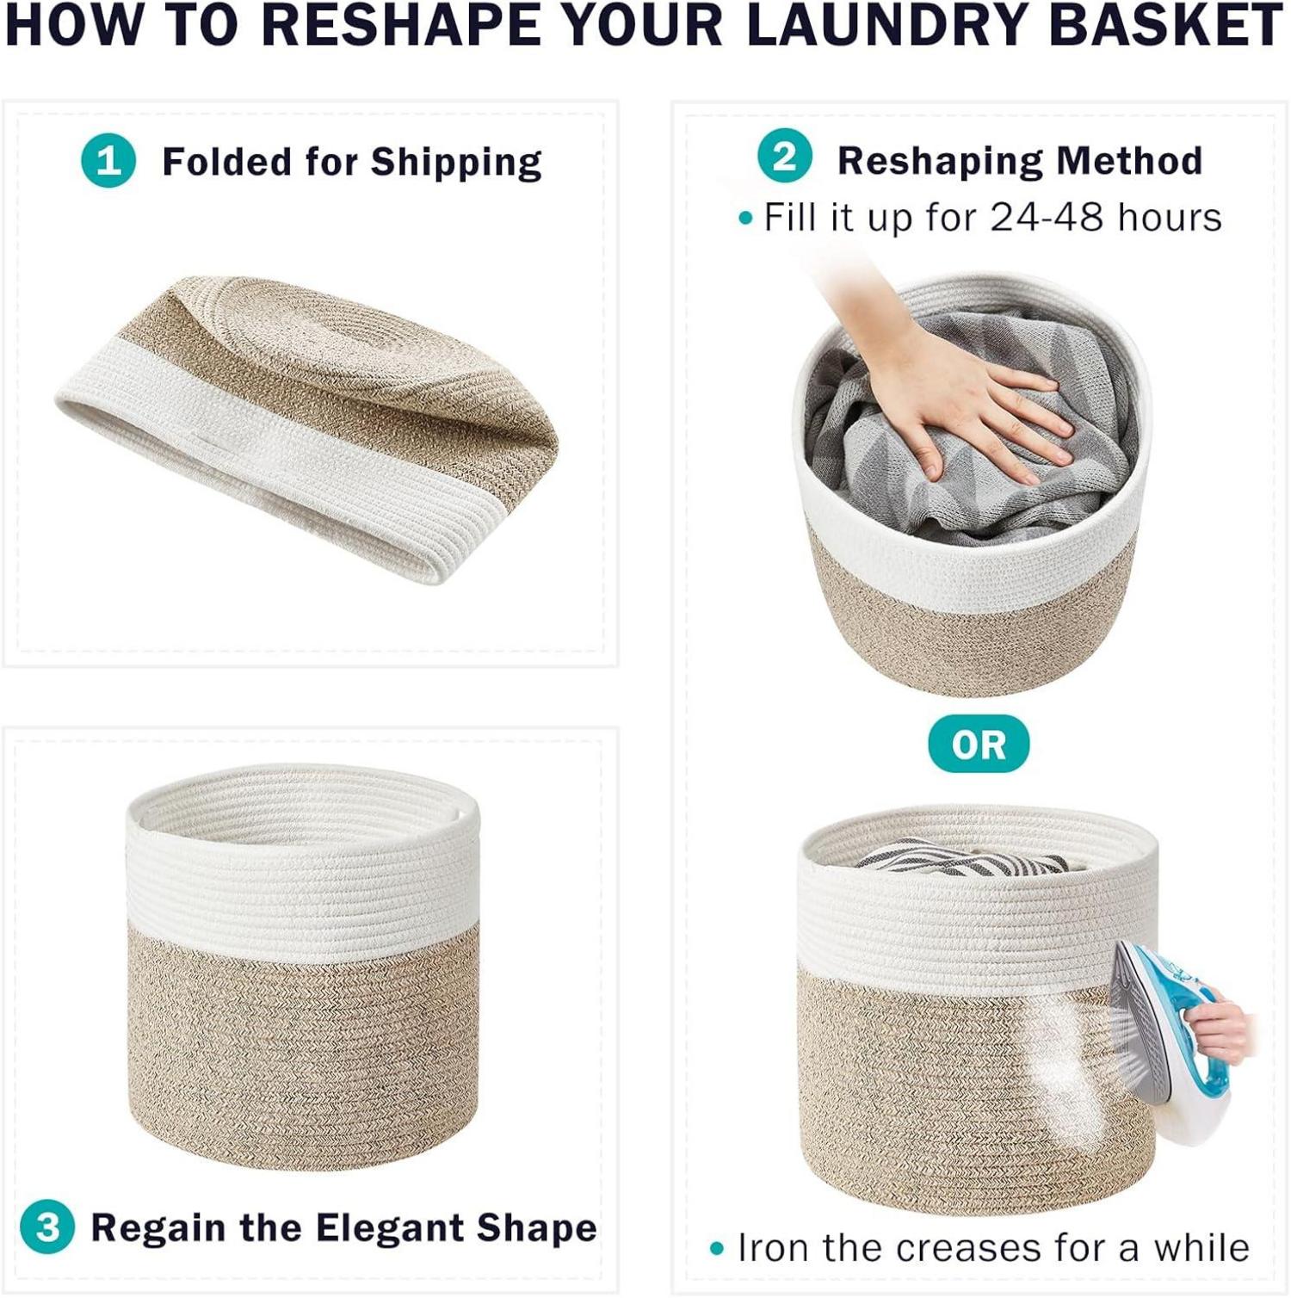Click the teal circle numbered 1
tap(108, 160)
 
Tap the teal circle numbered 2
tap(784, 157)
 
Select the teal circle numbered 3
tap(47, 1227)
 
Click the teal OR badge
tap(979, 744)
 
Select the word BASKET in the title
tap(1166, 25)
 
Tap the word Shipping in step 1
tap(456, 163)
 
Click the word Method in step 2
tap(1129, 160)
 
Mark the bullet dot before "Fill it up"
tap(745, 219)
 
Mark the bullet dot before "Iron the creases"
tap(717, 1249)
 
